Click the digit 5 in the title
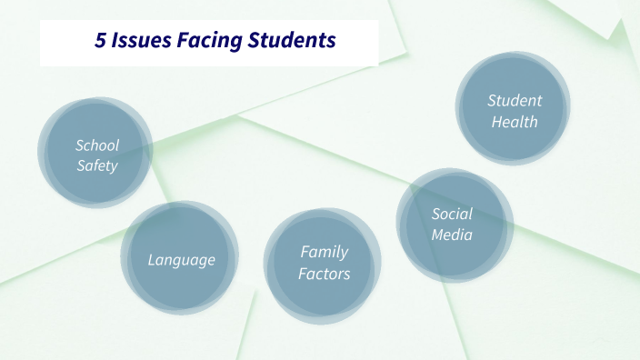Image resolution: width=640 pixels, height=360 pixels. pyautogui.click(x=100, y=41)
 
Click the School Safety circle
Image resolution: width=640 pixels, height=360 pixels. pyautogui.click(x=95, y=153)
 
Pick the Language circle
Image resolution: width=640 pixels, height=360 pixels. pyautogui.click(x=181, y=258)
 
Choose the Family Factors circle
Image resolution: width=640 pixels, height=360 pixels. pyautogui.click(x=323, y=265)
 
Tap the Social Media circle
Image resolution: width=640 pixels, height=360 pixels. pyautogui.click(x=453, y=225)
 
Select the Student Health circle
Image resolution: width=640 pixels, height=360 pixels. pyautogui.click(x=514, y=109)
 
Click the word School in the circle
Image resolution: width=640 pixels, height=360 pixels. pyautogui.click(x=97, y=145)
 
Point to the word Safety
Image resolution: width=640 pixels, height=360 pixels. pyautogui.click(x=96, y=165)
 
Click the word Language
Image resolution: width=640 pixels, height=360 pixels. pyautogui.click(x=182, y=261)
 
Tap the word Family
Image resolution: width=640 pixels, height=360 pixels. pyautogui.click(x=325, y=252)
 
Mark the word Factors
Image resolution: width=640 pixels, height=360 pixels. pyautogui.click(x=325, y=274)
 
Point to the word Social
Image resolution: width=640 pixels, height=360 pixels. pyautogui.click(x=452, y=214)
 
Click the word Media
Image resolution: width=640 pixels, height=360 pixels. pyautogui.click(x=452, y=235)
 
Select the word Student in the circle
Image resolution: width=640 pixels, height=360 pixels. pyautogui.click(x=515, y=100)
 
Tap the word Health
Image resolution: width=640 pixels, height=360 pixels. pyautogui.click(x=515, y=121)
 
